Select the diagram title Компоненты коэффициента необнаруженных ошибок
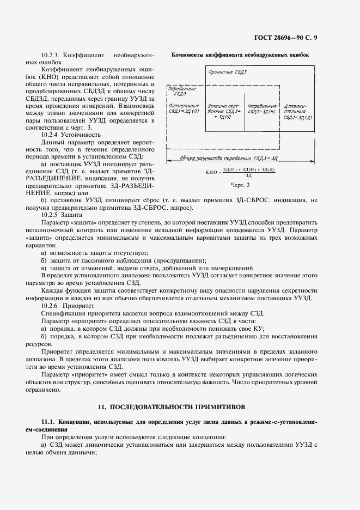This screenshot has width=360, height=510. [240, 55]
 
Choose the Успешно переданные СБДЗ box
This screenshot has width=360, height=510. [223, 110]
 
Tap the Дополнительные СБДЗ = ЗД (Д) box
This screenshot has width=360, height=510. [298, 110]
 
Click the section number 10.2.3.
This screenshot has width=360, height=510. [51, 56]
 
